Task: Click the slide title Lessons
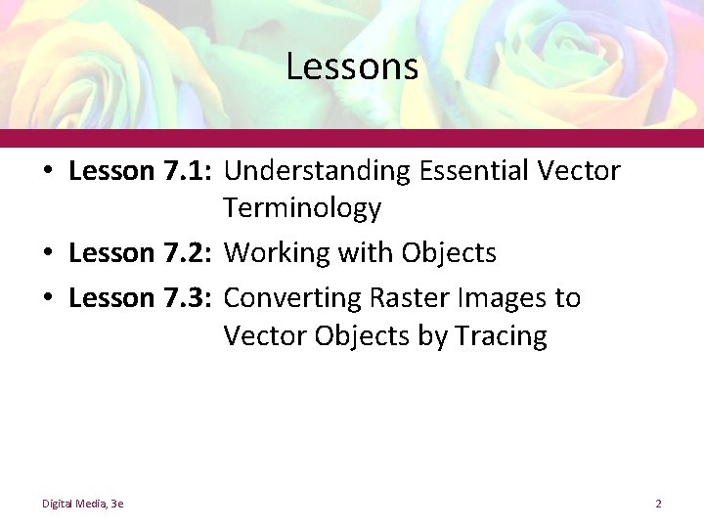[352, 67]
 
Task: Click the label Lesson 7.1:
[141, 171]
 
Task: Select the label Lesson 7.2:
[141, 253]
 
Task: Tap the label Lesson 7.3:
[141, 296]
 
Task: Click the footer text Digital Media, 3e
[82, 504]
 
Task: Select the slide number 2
[659, 504]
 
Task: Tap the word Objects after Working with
[449, 254]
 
